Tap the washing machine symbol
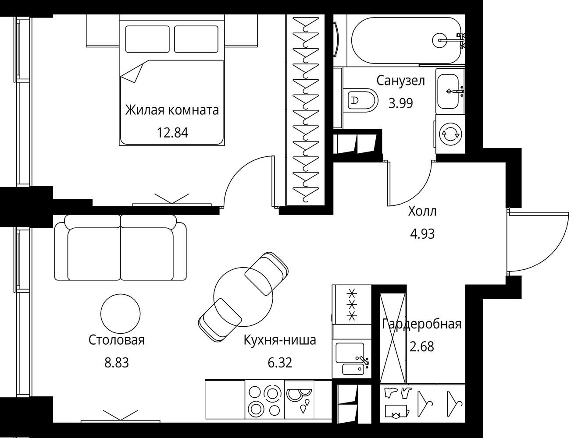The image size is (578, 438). (x=450, y=134)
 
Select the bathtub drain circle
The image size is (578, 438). (x=439, y=40)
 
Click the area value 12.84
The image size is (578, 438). (x=172, y=133)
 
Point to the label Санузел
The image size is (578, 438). (x=400, y=81)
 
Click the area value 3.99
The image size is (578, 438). (x=400, y=103)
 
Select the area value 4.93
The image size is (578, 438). (x=422, y=233)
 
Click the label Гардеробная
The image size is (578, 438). (x=421, y=324)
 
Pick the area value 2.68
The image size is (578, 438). (x=421, y=346)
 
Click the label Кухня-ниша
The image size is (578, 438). (x=280, y=340)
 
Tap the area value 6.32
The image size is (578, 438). (x=280, y=363)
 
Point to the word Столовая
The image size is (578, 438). (x=116, y=340)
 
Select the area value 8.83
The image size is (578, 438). (x=116, y=363)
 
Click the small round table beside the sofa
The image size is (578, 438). (x=121, y=314)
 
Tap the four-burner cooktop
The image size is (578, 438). (x=264, y=399)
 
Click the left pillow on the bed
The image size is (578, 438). (x=147, y=39)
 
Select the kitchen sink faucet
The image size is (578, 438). (x=363, y=360)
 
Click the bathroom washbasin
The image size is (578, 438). (x=450, y=91)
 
